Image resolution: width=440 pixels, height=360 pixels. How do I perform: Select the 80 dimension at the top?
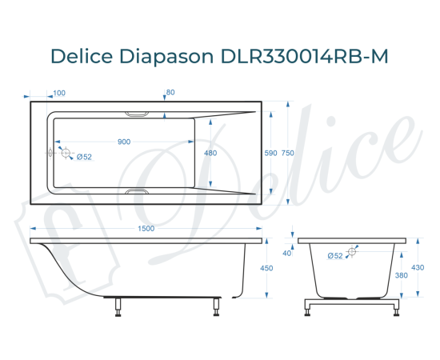click(x=170, y=93)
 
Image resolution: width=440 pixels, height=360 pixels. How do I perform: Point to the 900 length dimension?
click(x=124, y=142)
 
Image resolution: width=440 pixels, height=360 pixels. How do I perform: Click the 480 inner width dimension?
click(x=210, y=153)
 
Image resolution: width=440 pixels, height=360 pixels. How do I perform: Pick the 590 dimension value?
click(x=270, y=153)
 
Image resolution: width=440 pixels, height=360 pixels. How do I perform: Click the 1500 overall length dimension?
click(x=146, y=229)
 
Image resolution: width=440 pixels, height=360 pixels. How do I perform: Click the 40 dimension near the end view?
click(x=286, y=253)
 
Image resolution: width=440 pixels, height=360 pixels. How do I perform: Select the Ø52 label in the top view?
click(x=85, y=157)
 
